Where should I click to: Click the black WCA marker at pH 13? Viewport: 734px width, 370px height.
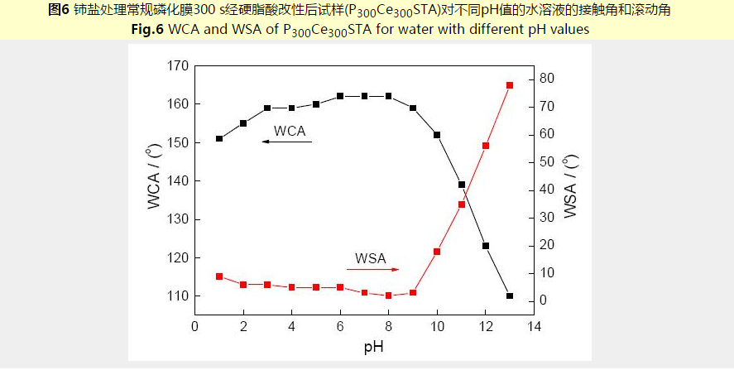[x=510, y=296]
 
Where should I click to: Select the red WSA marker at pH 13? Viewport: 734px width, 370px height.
[x=510, y=85]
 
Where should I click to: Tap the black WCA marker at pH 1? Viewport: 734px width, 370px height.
[x=219, y=138]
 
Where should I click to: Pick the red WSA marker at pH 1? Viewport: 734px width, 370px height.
[x=219, y=276]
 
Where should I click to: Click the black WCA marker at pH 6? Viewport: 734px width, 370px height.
[x=340, y=96]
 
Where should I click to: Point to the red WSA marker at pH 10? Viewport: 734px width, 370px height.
[x=437, y=252]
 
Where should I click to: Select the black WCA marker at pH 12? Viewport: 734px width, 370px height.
[x=486, y=246]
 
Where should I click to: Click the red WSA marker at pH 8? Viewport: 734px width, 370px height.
[x=389, y=296]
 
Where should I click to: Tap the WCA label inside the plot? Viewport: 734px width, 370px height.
[x=290, y=130]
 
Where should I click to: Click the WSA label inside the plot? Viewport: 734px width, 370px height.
[x=372, y=257]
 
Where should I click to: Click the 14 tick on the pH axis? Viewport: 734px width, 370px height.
[x=534, y=326]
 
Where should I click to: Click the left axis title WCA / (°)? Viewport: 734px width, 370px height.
[x=154, y=177]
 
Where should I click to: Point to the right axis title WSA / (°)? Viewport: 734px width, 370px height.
[x=570, y=187]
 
